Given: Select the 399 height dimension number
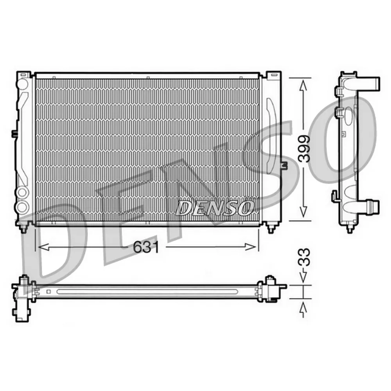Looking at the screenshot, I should (x=304, y=149).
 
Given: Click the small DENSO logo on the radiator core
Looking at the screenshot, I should (x=213, y=208).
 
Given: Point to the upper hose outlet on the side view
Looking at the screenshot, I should (x=371, y=84).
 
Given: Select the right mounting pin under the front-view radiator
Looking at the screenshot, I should (x=270, y=228).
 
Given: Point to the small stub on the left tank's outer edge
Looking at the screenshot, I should (x=14, y=134).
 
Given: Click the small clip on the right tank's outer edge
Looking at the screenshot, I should (x=284, y=166).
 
